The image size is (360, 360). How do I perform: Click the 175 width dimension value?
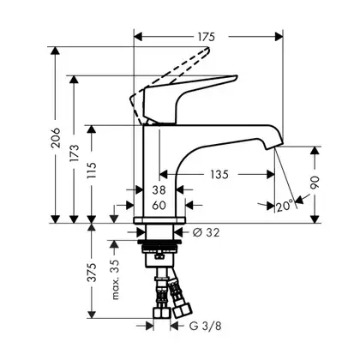[x=206, y=37]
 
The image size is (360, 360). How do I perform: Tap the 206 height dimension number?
[x=56, y=138]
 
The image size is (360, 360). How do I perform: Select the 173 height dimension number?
[x=74, y=153]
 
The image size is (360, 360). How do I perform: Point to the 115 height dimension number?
[x=92, y=171]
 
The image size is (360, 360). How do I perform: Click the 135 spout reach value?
[x=219, y=174]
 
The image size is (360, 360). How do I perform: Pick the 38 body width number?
[x=159, y=189]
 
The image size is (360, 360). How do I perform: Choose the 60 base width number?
[x=159, y=205]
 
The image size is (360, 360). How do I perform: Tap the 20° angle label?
[x=285, y=205]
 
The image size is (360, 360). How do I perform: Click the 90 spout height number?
[x=315, y=183]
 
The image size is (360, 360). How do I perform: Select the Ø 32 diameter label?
[x=206, y=232]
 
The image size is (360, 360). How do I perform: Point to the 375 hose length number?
[x=92, y=273]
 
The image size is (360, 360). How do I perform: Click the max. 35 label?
[x=115, y=279]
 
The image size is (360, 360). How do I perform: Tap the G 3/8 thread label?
[x=205, y=326]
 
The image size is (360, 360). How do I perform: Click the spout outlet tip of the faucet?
[x=271, y=147]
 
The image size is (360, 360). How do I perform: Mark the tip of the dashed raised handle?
[x=207, y=49]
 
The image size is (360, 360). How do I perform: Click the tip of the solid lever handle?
[x=236, y=77]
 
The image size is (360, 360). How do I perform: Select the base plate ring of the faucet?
[x=159, y=220]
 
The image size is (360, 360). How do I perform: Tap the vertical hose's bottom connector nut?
[x=162, y=312]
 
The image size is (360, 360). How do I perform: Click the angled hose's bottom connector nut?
[x=182, y=309]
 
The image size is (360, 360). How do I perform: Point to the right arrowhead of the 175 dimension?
[x=279, y=37]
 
